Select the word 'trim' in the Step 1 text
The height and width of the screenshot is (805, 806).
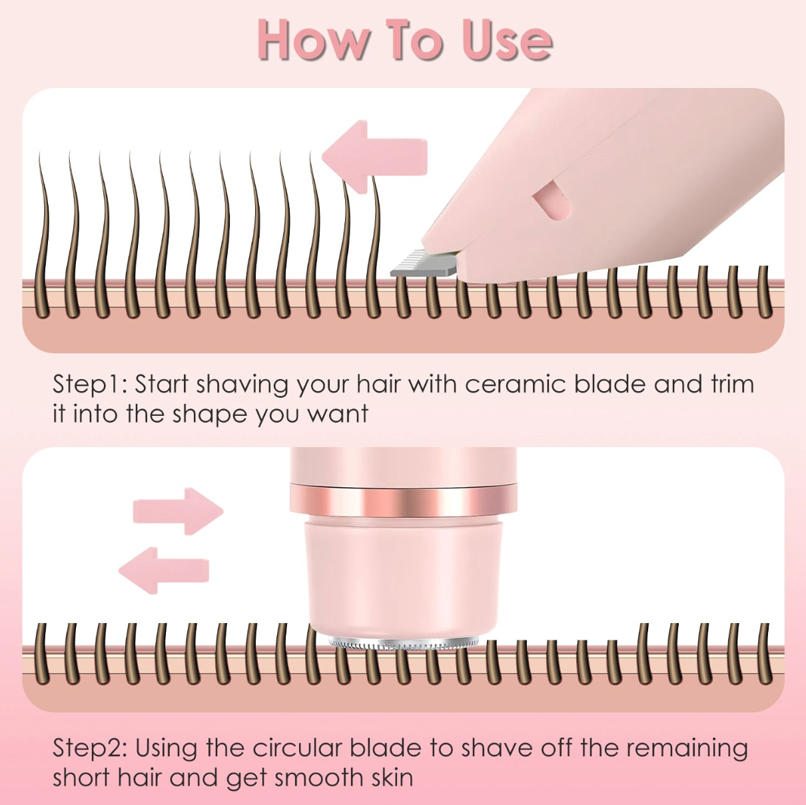click(732, 385)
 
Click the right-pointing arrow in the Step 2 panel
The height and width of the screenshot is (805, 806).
click(178, 511)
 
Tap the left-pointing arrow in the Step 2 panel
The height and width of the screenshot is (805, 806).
click(164, 570)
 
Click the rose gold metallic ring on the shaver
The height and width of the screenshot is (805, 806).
click(403, 502)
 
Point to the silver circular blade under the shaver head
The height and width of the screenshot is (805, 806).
click(403, 644)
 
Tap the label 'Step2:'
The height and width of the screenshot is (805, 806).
click(90, 748)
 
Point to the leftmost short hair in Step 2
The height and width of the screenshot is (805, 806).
click(42, 653)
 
